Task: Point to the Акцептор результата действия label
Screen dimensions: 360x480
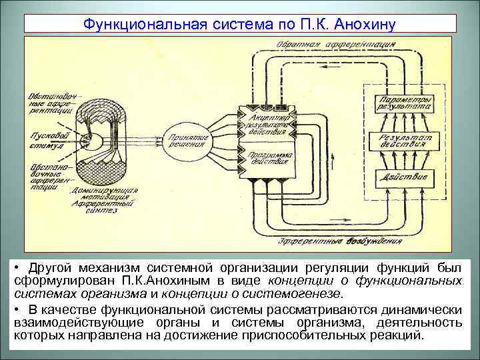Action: (267, 119)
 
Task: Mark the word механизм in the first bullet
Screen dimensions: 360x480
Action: (97, 267)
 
